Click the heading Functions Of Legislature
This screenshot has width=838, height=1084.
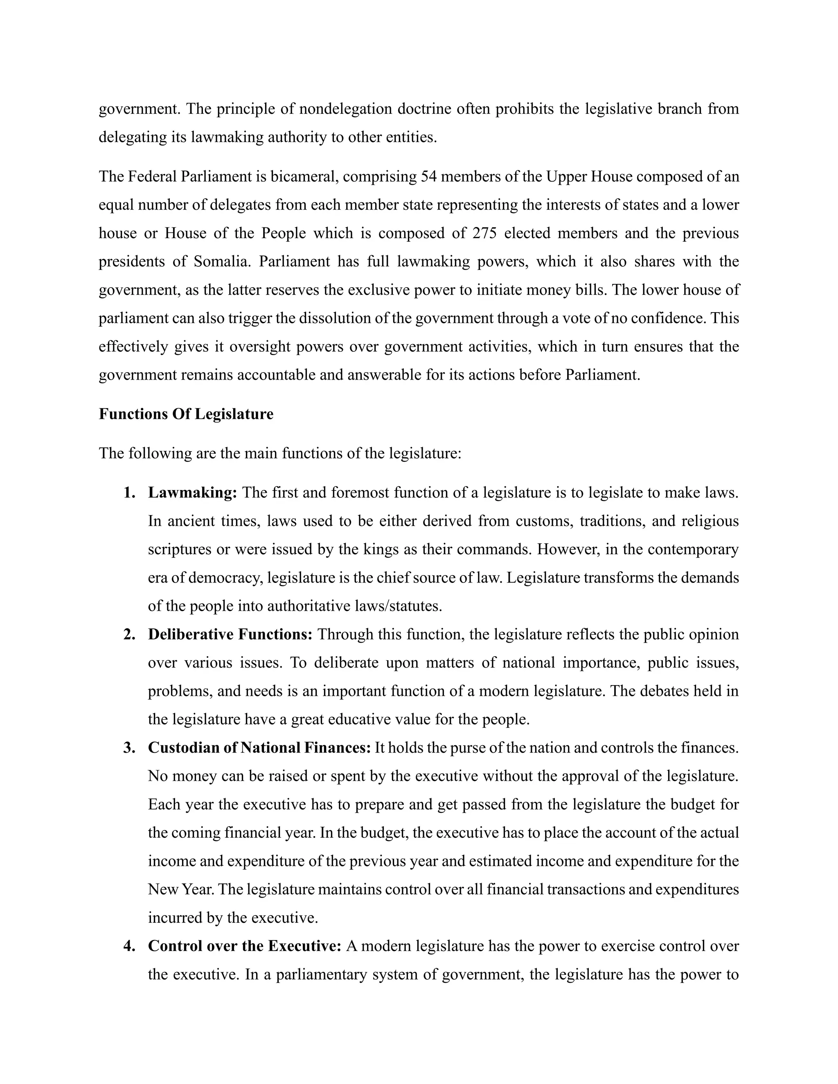point(186,414)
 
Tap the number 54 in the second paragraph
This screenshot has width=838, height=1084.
point(428,177)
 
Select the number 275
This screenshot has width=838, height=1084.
point(484,233)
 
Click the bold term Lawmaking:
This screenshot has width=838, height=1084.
point(193,493)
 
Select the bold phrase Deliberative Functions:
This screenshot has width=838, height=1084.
point(230,634)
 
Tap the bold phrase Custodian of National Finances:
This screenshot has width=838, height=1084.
point(259,747)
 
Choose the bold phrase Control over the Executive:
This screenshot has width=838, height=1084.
point(244,946)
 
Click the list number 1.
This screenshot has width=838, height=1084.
point(130,493)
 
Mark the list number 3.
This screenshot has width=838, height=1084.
point(130,747)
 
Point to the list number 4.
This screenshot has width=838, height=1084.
point(130,946)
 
